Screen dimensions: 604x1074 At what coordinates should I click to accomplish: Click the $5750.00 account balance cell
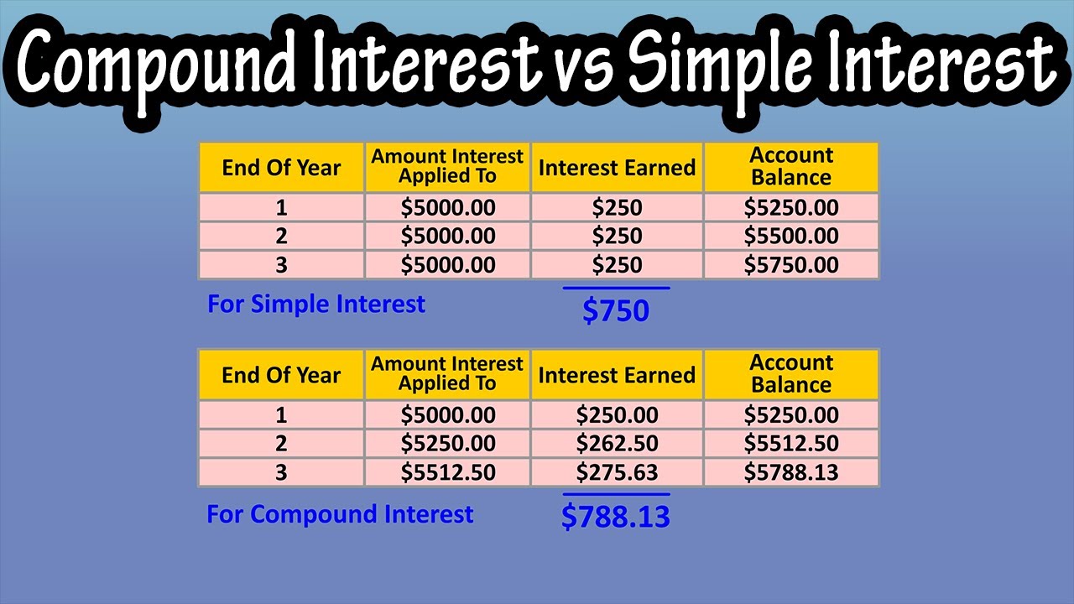[x=791, y=265]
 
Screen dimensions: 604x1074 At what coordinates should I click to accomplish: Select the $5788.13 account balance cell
[x=791, y=472]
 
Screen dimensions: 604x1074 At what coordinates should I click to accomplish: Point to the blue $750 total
[x=616, y=311]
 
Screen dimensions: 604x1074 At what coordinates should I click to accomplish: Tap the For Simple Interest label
[x=316, y=304]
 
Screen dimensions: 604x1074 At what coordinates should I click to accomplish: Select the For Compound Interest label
[x=340, y=514]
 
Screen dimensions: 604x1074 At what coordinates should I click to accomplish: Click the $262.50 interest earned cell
[x=617, y=444]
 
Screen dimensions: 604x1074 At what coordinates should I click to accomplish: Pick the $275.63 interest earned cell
[x=617, y=472]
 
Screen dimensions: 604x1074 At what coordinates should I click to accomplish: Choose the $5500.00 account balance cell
[x=791, y=237]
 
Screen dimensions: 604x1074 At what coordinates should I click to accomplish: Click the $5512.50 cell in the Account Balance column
[x=791, y=444]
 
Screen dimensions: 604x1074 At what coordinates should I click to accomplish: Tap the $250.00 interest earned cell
[x=617, y=415]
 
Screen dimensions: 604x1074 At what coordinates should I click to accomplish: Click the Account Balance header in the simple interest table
[x=791, y=166]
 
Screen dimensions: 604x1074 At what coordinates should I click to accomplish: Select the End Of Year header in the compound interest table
[x=281, y=375]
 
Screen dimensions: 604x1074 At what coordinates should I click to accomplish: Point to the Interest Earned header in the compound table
[x=617, y=375]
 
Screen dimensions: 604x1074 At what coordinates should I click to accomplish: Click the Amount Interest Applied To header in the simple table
[x=447, y=166]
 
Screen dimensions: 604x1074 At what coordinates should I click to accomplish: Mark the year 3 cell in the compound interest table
[x=281, y=472]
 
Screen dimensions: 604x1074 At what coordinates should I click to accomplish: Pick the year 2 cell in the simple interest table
[x=281, y=237]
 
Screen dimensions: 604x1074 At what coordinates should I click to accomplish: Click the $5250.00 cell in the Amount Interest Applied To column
[x=448, y=444]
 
